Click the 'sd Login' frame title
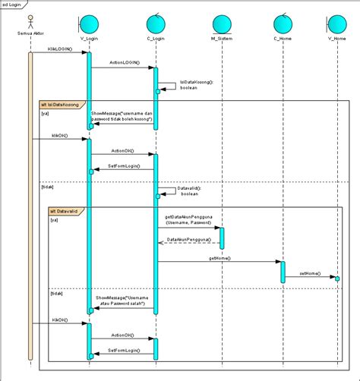coord(12,5)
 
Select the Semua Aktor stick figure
coord(30,19)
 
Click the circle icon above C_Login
coord(156,20)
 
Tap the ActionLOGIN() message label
coord(124,63)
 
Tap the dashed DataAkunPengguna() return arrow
coord(189,244)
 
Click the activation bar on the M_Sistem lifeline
coord(222,238)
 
